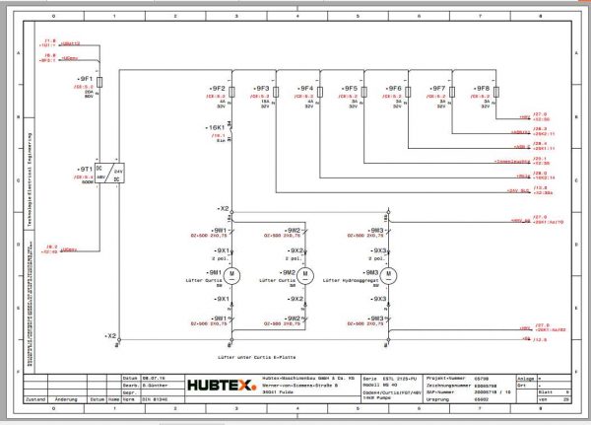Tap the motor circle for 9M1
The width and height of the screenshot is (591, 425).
234,272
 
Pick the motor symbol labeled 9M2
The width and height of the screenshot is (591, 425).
304,272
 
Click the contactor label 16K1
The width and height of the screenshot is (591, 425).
216,127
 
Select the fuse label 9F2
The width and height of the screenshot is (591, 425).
219,88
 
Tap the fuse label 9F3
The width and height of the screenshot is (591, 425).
262,88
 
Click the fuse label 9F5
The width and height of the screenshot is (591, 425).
350,88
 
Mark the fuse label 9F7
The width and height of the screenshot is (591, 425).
438,88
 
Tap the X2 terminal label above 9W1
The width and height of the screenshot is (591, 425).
225,209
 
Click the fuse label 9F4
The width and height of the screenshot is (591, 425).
305,88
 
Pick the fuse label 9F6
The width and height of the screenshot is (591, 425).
394,88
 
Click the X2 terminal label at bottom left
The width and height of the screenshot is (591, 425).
110,335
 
